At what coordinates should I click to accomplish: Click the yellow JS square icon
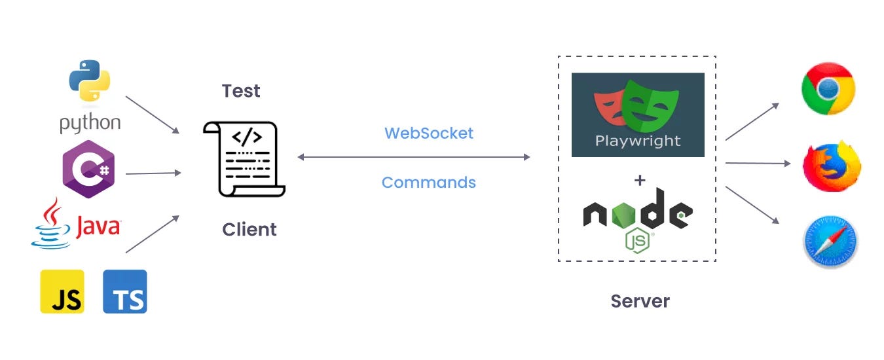point(62,291)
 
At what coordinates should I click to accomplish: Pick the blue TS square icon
point(125,291)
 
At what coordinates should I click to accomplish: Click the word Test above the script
point(241,91)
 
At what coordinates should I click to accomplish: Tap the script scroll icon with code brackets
point(244,158)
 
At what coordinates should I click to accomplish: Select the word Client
point(249,230)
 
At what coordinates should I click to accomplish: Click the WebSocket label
point(428,133)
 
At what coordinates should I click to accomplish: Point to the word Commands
point(428,182)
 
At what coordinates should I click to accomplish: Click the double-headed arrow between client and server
point(413,157)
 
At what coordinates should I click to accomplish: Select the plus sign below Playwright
point(640,180)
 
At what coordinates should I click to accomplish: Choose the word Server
point(640,301)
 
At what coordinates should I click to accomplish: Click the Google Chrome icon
point(828,89)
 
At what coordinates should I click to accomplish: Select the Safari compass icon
point(830,242)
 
